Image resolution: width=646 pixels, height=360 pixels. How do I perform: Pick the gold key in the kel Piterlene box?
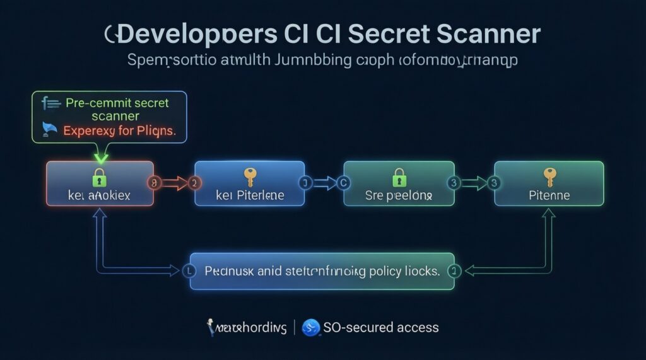pyautogui.click(x=249, y=177)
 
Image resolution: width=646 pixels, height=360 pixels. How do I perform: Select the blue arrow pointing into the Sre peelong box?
pyautogui.click(x=325, y=183)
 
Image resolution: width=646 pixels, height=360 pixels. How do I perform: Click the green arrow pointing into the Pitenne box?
pyautogui.click(x=475, y=183)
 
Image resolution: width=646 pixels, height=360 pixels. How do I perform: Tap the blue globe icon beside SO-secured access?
pyautogui.click(x=310, y=328)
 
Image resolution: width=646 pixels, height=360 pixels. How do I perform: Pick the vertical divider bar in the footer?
pyautogui.click(x=293, y=328)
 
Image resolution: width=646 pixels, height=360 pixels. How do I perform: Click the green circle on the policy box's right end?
pyautogui.click(x=454, y=271)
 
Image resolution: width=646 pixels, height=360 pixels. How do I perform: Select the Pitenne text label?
pyautogui.click(x=549, y=195)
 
